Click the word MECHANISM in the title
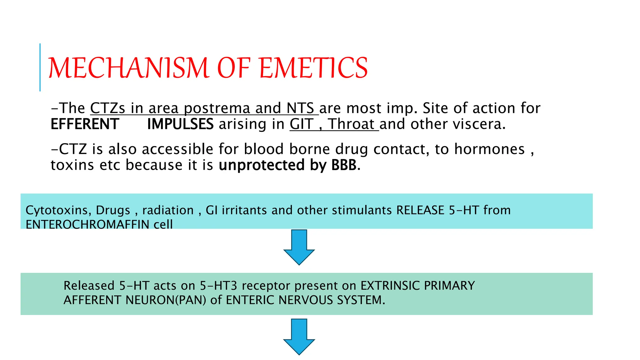pos(128,68)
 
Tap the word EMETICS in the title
pos(313,68)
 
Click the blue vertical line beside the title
pos(40,67)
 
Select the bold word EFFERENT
pos(85,124)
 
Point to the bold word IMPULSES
pos(180,124)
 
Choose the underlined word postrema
pos(217,108)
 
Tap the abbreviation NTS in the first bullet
pos(300,108)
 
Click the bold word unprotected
pos(262,165)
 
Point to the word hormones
pos(489,149)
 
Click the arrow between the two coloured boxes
pos(299,247)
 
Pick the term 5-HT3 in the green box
pos(218,286)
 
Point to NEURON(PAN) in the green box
pos(166,300)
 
